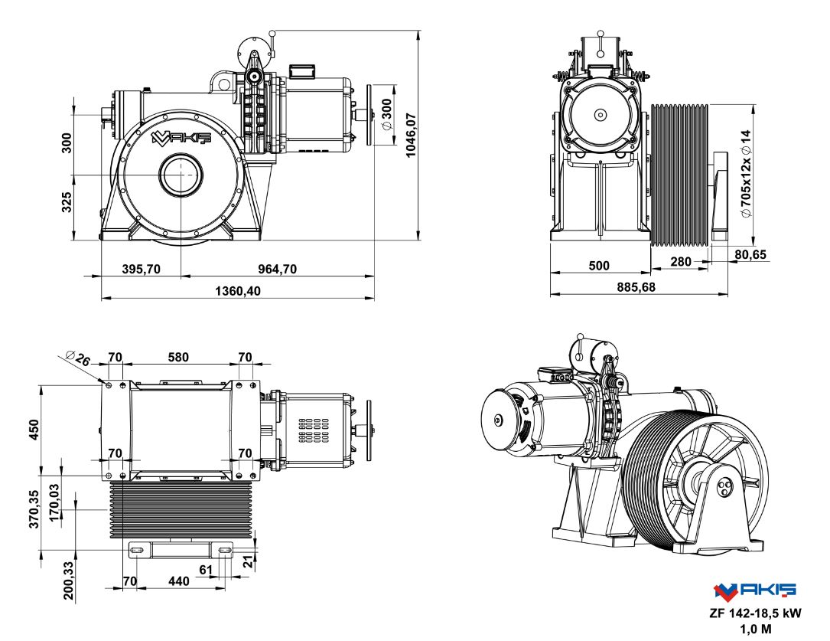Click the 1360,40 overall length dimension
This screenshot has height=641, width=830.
[x=236, y=292]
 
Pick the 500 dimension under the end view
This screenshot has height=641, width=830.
[x=600, y=266]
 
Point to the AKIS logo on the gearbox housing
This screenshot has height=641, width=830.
[x=175, y=139]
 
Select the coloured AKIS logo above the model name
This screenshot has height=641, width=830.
[x=754, y=590]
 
